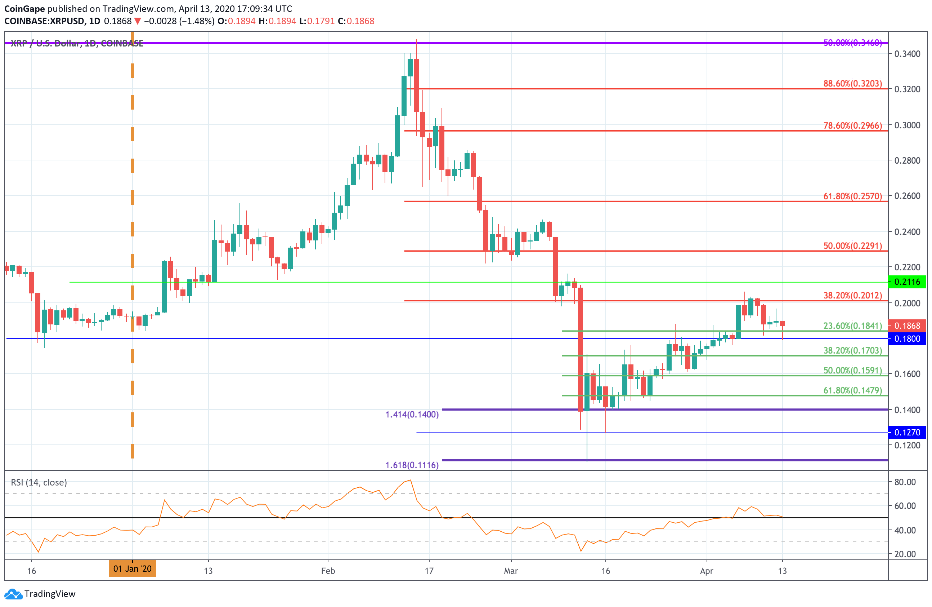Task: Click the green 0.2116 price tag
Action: click(x=907, y=282)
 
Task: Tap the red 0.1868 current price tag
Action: click(x=907, y=325)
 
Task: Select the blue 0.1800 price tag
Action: click(x=907, y=338)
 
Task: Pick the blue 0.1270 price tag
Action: click(x=907, y=432)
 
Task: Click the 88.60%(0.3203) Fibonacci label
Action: click(x=852, y=84)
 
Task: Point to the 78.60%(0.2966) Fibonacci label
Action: click(x=852, y=125)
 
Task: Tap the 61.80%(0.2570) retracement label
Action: click(x=852, y=196)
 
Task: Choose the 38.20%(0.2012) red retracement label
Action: click(x=852, y=296)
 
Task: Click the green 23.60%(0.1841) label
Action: click(x=852, y=325)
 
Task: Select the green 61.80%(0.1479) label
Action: click(x=852, y=390)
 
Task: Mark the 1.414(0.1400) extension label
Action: click(x=412, y=415)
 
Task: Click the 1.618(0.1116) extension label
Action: click(x=412, y=465)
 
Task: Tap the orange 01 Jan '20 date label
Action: click(x=133, y=568)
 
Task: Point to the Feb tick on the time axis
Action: click(x=328, y=571)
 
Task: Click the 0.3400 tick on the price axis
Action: click(x=907, y=54)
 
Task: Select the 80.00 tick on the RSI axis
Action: click(x=905, y=482)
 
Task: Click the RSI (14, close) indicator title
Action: click(x=39, y=482)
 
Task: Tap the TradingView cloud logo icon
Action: click(x=13, y=594)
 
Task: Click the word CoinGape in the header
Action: click(x=24, y=9)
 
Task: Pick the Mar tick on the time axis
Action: click(x=511, y=571)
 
